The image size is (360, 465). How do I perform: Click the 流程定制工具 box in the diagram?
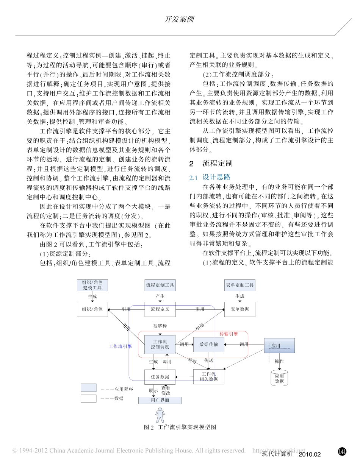coord(160,285)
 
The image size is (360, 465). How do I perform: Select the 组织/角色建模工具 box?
coord(92,285)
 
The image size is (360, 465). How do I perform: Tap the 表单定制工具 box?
coord(239,285)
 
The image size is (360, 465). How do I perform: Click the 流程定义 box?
coord(160,309)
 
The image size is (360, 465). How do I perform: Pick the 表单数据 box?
coord(239,309)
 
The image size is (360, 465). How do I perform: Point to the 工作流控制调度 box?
coord(160,344)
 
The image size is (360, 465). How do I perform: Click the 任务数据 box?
coord(160,377)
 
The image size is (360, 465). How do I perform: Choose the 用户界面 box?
coord(160,400)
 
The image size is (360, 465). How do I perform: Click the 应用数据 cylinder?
coord(279,379)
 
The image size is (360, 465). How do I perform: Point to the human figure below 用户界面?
coord(160,415)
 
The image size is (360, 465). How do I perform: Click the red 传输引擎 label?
coord(229,334)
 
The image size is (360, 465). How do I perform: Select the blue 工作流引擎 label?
coord(120,346)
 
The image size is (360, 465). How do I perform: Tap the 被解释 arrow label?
coord(160,325)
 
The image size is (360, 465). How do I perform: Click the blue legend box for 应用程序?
coord(88,388)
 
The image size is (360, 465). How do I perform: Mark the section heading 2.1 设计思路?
coord(210,177)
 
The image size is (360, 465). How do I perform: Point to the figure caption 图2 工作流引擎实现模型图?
coord(180,427)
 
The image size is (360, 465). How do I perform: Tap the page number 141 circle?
coord(342,451)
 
